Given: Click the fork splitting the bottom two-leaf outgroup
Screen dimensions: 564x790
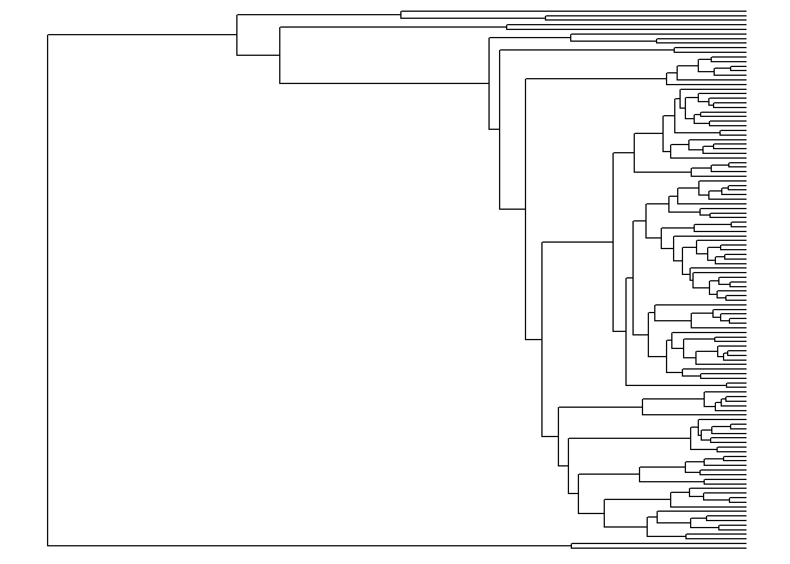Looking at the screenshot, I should click(571, 546).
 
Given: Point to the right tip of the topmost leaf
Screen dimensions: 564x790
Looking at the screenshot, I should click(746, 11).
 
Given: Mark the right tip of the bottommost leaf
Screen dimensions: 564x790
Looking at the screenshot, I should click(746, 548).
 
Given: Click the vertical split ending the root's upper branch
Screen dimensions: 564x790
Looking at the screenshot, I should click(237, 35).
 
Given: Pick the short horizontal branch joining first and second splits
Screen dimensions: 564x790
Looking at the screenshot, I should click(258, 55).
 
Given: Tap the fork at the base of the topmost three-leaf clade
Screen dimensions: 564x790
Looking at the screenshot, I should click(401, 15).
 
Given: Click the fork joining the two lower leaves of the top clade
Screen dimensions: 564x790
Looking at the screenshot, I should click(545, 18).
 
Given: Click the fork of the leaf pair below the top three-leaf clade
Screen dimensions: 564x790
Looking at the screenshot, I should click(507, 26).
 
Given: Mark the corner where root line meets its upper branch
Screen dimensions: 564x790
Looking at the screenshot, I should click(48, 35).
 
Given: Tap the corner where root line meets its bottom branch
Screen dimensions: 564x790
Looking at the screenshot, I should click(48, 546).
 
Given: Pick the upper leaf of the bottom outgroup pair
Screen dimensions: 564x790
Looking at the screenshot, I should click(658, 544).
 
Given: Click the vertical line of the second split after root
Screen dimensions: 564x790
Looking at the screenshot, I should click(280, 55).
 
